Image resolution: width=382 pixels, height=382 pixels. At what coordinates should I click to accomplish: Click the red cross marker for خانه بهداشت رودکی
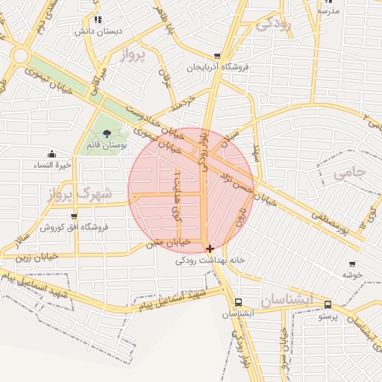coord(210,248)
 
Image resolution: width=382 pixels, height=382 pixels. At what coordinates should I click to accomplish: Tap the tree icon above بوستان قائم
coord(107,134)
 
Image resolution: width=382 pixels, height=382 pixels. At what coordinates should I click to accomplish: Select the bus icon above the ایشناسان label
coord(238,302)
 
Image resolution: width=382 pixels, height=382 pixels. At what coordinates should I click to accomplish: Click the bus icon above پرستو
coord(328,304)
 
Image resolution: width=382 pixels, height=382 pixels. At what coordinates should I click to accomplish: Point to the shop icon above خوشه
coord(352,263)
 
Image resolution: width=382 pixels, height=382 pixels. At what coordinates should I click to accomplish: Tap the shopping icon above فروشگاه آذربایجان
coord(217,56)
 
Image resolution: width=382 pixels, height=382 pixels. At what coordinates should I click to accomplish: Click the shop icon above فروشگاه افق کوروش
coord(73,216)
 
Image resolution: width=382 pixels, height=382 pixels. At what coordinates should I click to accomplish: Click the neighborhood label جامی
coord(350,174)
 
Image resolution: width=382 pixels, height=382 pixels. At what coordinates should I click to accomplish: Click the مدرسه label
coord(328,10)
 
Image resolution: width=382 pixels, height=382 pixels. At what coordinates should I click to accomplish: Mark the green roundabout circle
coord(19,57)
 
